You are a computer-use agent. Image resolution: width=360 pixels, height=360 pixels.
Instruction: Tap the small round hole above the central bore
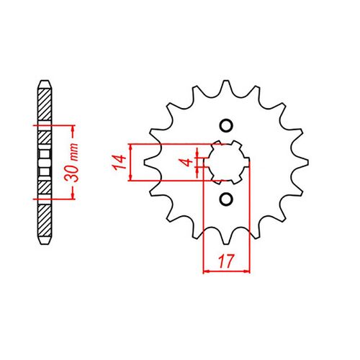[226, 126]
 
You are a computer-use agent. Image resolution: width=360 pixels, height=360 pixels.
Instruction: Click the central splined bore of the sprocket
[226, 161]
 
